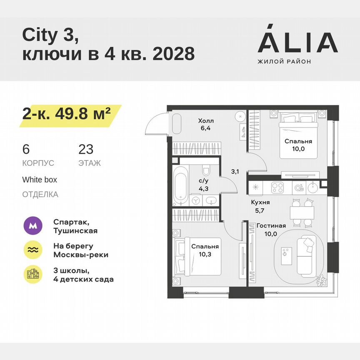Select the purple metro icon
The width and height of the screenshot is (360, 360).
pos(33,226)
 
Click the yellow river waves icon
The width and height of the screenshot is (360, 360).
pos(33,250)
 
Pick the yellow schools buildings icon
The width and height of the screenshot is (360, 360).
pos(33,275)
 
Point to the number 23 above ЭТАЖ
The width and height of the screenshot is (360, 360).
pos(86,149)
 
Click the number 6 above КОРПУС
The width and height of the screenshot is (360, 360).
pos(26,149)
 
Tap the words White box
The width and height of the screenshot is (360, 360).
pos(40,180)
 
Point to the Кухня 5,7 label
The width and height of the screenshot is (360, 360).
pos(260,205)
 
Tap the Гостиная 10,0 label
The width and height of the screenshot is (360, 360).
pos(271,230)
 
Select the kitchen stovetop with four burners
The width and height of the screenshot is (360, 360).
pos(277,187)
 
